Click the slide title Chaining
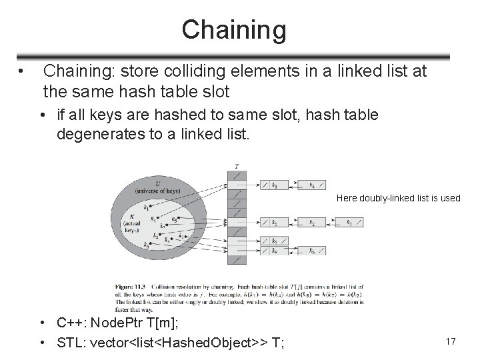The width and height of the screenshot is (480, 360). (x=233, y=29)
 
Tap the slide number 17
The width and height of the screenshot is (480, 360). (x=451, y=341)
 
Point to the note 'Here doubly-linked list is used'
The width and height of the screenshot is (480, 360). (x=398, y=198)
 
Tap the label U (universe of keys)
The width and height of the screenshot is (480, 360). (x=157, y=187)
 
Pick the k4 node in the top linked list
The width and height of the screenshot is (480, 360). (x=314, y=186)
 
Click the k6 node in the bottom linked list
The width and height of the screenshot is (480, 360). (x=314, y=251)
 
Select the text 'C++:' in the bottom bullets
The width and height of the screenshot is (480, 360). (x=70, y=324)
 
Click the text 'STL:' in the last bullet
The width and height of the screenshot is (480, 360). (x=70, y=343)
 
